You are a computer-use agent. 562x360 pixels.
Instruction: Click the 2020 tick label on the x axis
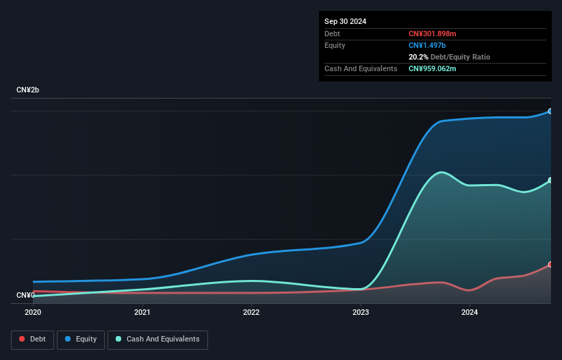(x=33, y=312)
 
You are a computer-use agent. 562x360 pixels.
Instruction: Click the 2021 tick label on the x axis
(x=142, y=312)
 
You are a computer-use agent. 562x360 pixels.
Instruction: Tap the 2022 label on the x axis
(x=251, y=312)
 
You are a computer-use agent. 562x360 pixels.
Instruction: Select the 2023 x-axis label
(x=361, y=312)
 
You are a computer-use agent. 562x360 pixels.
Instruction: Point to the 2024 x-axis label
(x=470, y=312)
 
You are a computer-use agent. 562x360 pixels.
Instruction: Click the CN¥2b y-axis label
(x=28, y=90)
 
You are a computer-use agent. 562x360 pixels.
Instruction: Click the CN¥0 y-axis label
(x=25, y=295)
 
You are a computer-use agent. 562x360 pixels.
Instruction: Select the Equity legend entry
(x=81, y=339)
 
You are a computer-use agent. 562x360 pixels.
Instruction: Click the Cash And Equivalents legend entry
(x=157, y=339)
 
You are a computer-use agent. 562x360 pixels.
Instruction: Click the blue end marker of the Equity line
(x=550, y=111)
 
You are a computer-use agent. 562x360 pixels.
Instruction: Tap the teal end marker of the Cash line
(x=550, y=181)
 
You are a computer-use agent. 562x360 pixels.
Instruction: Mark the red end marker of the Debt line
(x=550, y=264)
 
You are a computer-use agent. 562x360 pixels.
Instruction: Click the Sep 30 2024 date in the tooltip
(x=346, y=21)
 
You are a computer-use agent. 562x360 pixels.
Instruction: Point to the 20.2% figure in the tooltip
(x=418, y=57)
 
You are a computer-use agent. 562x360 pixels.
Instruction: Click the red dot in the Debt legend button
(x=23, y=339)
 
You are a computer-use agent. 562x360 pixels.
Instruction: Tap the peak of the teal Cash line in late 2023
(x=442, y=172)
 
